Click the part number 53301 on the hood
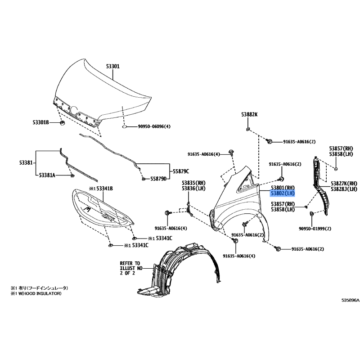point(113,67)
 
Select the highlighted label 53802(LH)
point(283,193)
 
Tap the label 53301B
point(40,123)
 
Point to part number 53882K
point(249,114)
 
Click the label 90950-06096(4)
point(154,126)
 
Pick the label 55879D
point(158,179)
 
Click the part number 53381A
point(47,175)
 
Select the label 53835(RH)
point(193,183)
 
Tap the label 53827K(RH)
point(344,184)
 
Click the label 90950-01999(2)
point(315,229)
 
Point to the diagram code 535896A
point(350,300)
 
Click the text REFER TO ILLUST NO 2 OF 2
point(131,268)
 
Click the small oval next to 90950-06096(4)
point(124,126)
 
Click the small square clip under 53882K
point(248,129)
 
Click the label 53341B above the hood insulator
point(101,189)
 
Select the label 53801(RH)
point(283,188)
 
